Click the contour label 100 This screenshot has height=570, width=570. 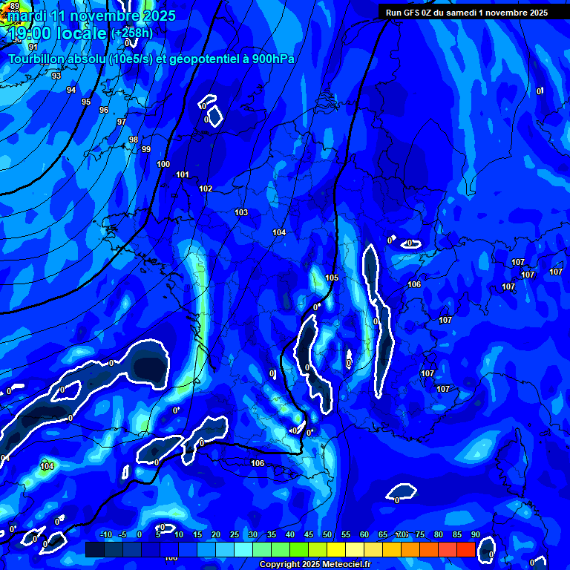pos(163,164)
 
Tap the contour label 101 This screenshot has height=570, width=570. pos(183,174)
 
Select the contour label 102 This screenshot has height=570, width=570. pos(206,189)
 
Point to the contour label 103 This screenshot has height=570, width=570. pos(241,212)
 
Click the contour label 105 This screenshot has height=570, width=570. pos(332,278)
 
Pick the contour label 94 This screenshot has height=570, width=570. pos(71,90)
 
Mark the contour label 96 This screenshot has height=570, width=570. pos(104,110)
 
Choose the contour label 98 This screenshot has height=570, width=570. pos(134,140)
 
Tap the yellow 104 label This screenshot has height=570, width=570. pos(47,466)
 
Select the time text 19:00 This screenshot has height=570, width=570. pos(31,33)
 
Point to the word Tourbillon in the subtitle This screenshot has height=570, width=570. pos(43,59)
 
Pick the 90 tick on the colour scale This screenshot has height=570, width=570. pos(475,534)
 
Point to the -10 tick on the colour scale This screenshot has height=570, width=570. pos(105,534)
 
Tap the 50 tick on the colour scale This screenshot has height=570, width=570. pos(327,534)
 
